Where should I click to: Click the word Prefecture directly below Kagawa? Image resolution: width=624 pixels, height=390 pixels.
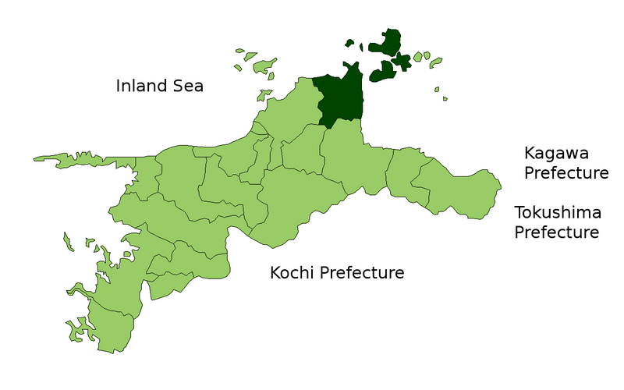pos(566,173)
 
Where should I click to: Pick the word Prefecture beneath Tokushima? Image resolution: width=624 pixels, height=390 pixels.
pos(557,232)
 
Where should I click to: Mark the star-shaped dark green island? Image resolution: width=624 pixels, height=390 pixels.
pos(402,60)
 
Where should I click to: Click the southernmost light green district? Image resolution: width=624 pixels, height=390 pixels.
pos(109,328)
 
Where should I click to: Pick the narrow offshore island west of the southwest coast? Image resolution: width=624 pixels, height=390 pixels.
pos(69,242)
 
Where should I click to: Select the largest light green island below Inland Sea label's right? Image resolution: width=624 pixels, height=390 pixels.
pos(263,64)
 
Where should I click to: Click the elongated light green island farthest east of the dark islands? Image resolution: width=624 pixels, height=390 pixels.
pos(434,62)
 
